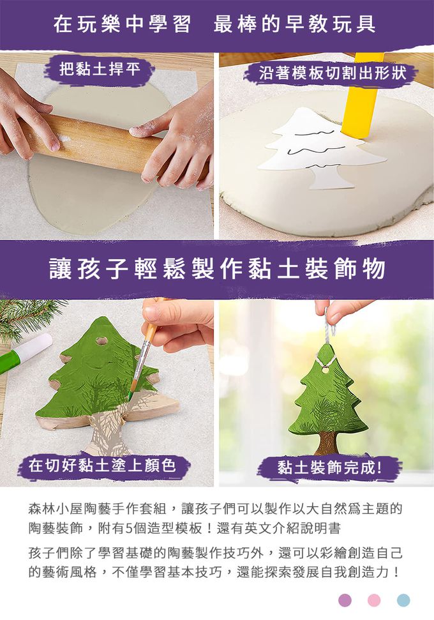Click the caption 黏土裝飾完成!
pos(329,467)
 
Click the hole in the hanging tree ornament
pos(325,370)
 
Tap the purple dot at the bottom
pos(345,600)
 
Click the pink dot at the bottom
pos(374,600)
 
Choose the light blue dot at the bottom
pos(403,600)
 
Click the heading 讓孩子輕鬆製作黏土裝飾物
pos(217,269)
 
